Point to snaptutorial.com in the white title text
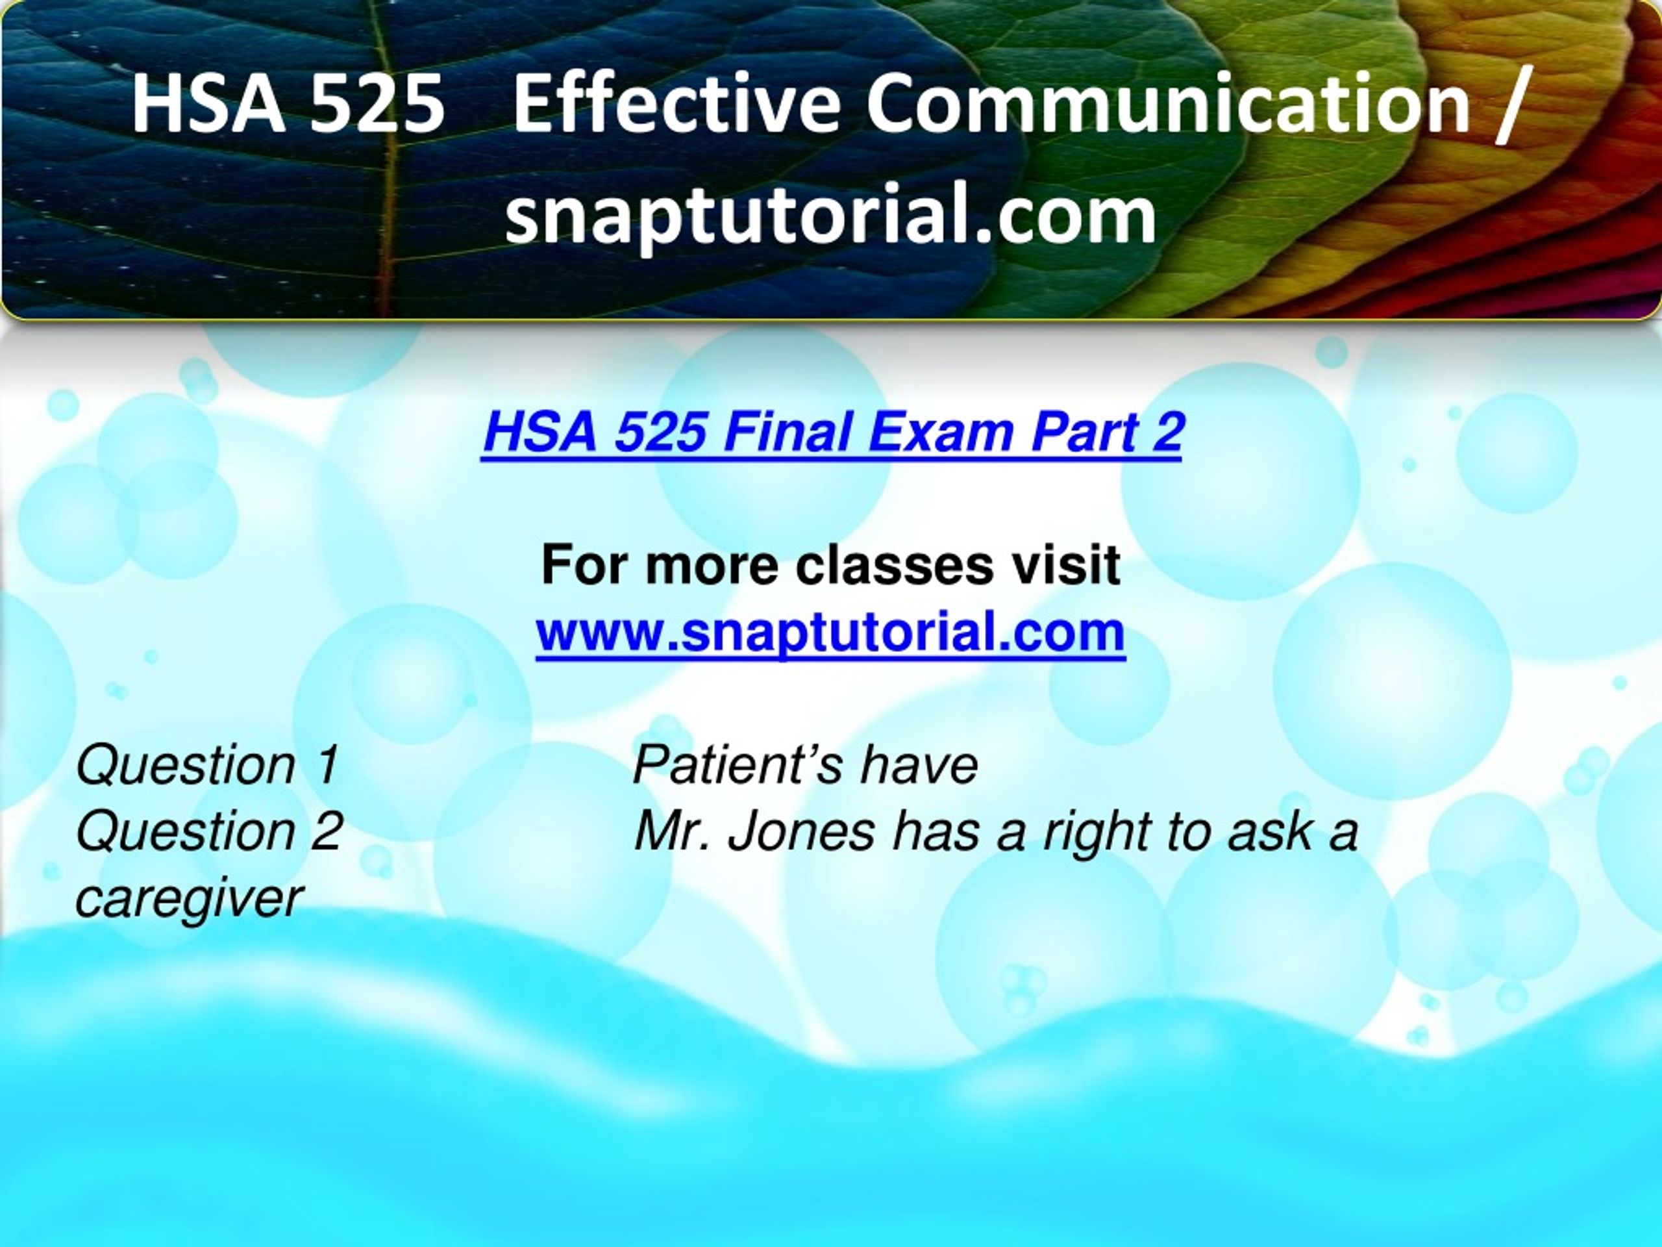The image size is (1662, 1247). coord(830,215)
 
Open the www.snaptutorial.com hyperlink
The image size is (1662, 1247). coord(830,633)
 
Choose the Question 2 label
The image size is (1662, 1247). coord(210,832)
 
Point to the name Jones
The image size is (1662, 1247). coord(802,832)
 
